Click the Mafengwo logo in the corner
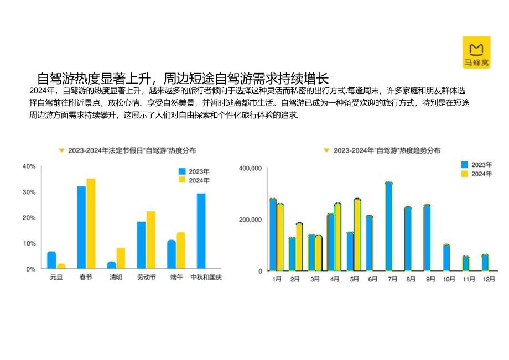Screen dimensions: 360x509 [x=476, y=52]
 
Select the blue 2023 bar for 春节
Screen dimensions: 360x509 [x=81, y=227]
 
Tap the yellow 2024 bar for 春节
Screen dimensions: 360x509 [x=91, y=223]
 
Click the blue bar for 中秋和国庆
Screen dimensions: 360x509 [x=201, y=231]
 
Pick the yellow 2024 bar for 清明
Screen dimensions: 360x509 [x=121, y=258]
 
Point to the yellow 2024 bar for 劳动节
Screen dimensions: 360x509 [x=150, y=239]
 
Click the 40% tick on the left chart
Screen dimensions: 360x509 [x=29, y=166]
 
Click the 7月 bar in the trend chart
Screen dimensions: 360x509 [x=388, y=226]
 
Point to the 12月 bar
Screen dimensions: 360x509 [x=485, y=262]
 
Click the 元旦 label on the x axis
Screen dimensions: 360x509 [x=56, y=277]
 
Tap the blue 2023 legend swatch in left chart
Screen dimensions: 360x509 [x=181, y=171]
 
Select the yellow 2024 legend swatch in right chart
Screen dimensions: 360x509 [x=465, y=174]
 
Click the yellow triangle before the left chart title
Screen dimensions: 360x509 [x=61, y=150]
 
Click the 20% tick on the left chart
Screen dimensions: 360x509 [x=29, y=218]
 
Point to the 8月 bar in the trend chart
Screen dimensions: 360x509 [x=408, y=238]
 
